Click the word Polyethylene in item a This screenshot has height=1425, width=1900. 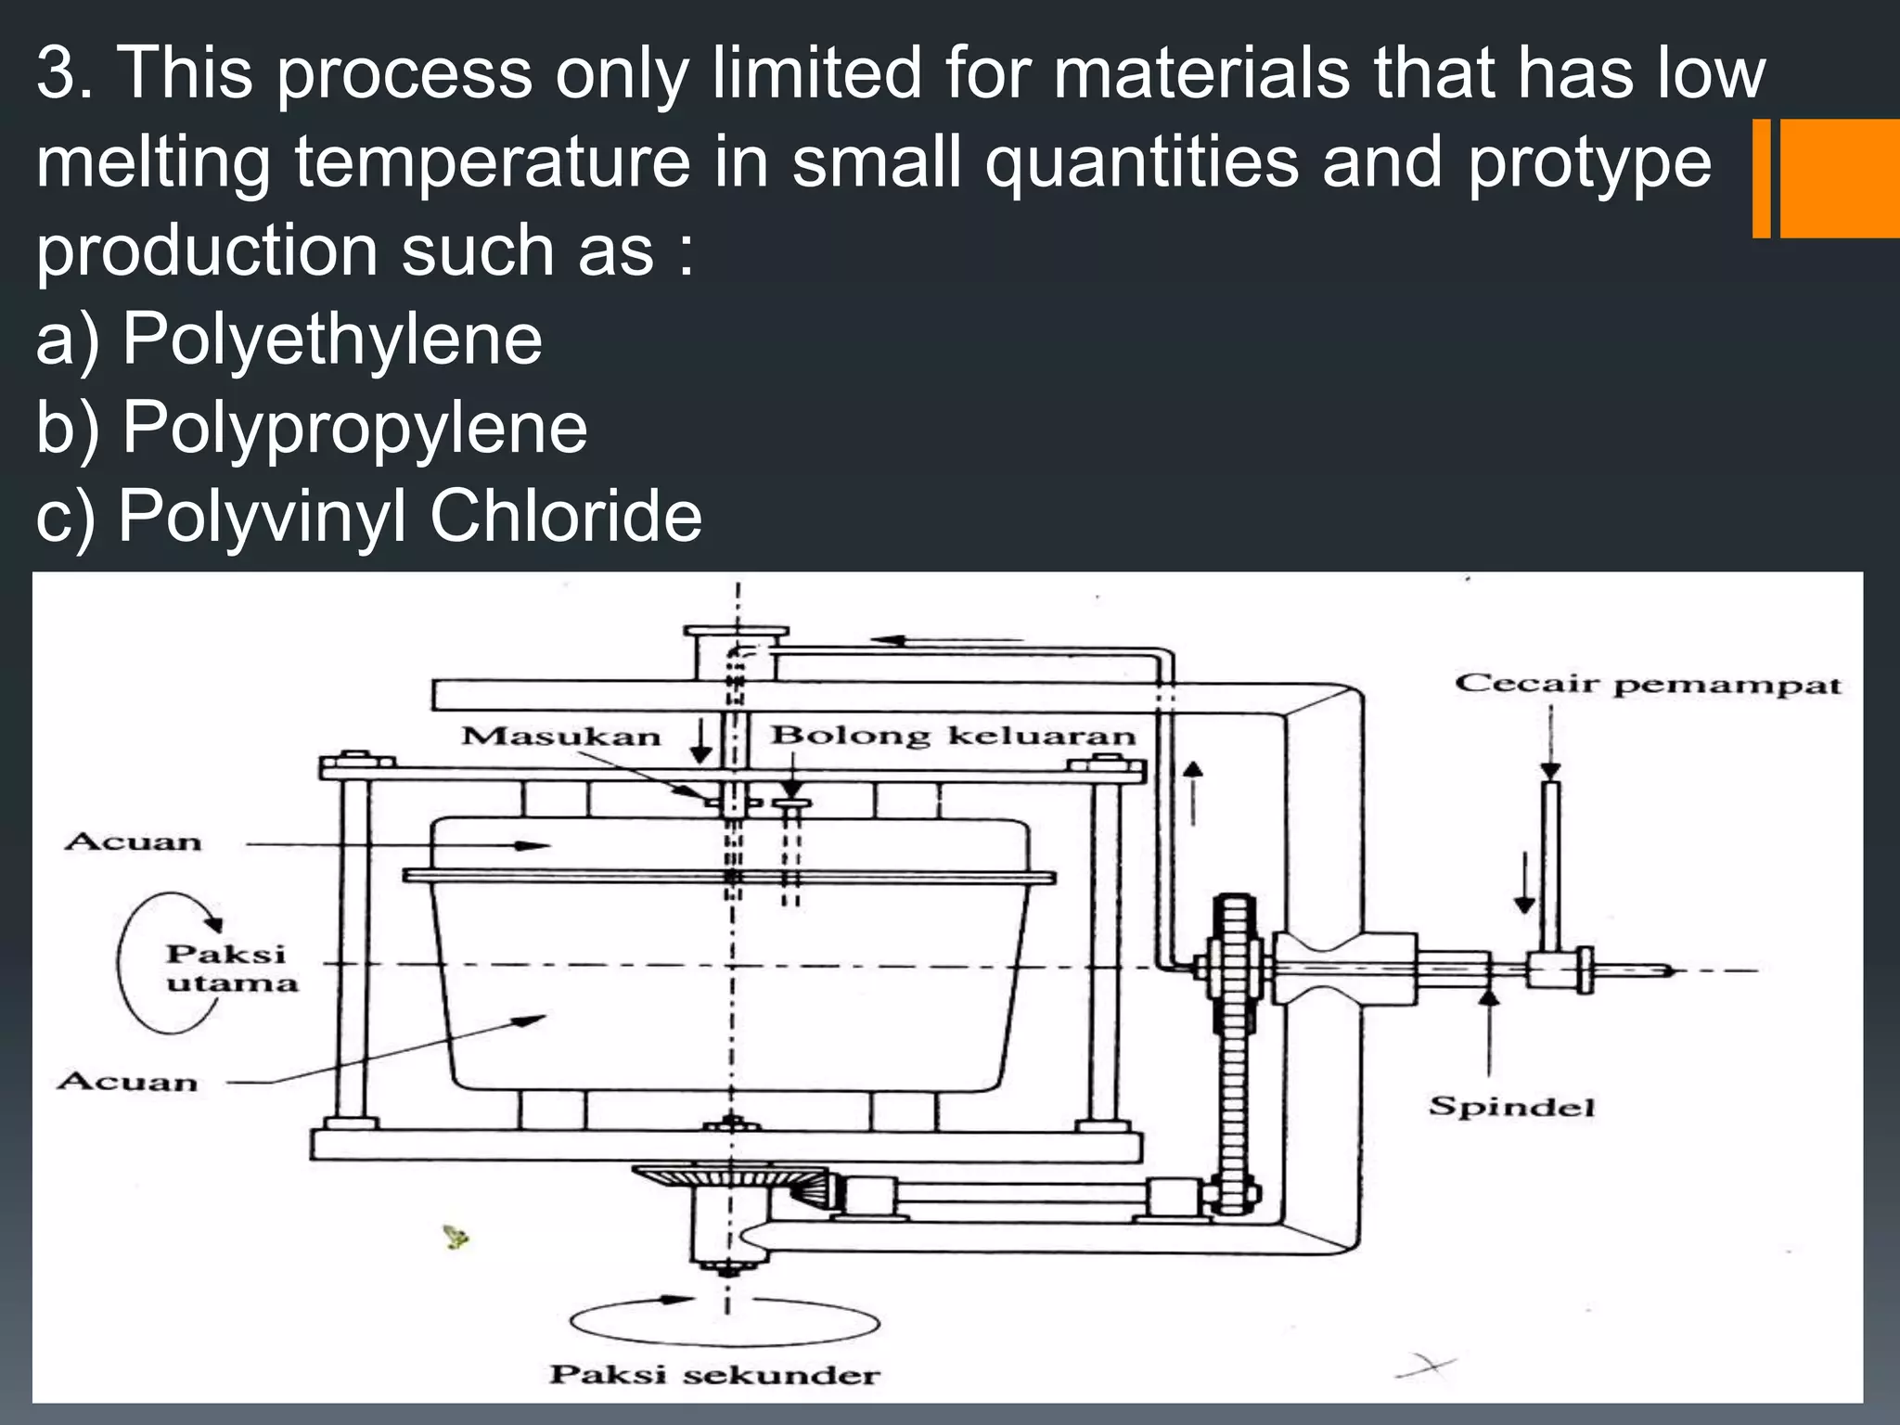(332, 340)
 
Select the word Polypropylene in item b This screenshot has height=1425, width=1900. (354, 428)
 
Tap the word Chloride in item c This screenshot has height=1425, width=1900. (566, 516)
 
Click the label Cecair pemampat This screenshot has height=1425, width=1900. (1647, 686)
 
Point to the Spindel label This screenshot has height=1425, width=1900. (1511, 1106)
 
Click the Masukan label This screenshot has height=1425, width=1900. (560, 737)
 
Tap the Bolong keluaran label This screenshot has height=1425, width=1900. (953, 736)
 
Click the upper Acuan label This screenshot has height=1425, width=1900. (133, 842)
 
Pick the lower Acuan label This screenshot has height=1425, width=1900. (128, 1082)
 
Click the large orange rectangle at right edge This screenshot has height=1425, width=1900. (1839, 178)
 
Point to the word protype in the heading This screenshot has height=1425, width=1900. (1589, 161)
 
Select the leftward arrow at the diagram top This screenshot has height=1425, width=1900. (946, 639)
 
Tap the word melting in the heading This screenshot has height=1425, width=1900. (153, 161)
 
